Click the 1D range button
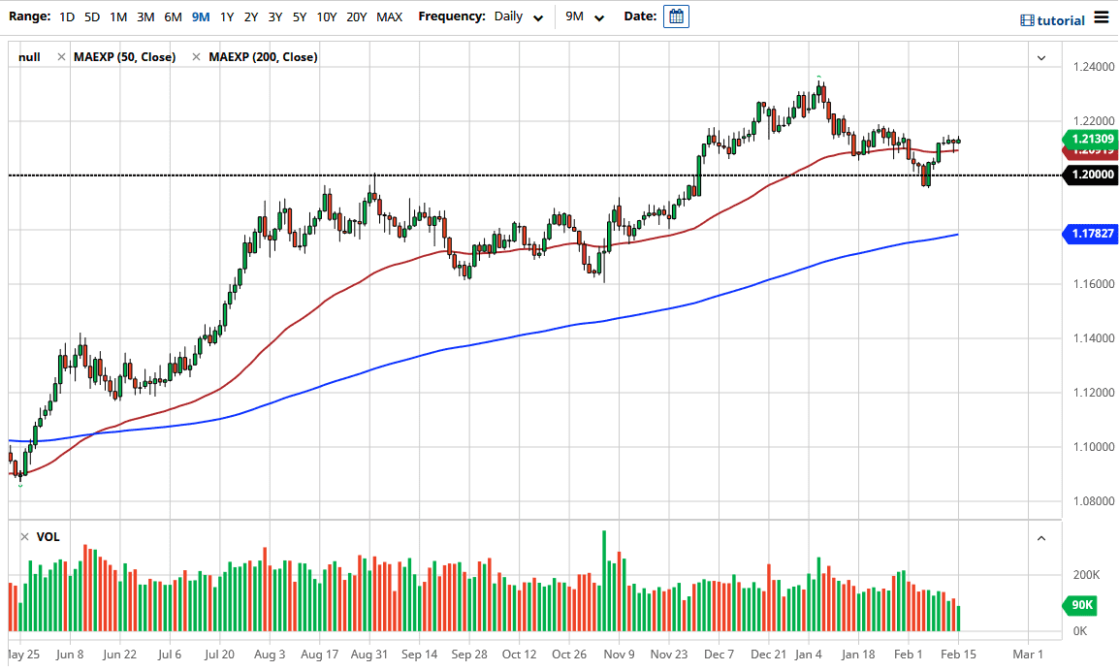(x=66, y=16)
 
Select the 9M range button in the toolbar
(x=201, y=16)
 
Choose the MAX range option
(x=389, y=16)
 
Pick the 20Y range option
(x=356, y=16)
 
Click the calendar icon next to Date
(x=676, y=16)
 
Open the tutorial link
(x=1053, y=20)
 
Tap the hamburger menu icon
(x=1101, y=17)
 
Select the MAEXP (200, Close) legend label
(x=263, y=57)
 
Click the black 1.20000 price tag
(x=1091, y=176)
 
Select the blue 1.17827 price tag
(x=1091, y=234)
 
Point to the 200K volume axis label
(x=1085, y=575)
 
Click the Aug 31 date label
(x=369, y=654)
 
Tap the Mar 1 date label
(x=1027, y=654)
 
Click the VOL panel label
(x=48, y=536)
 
